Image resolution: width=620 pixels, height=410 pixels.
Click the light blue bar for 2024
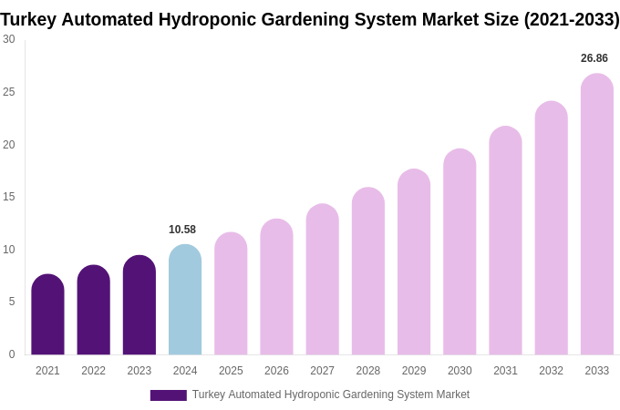click(185, 300)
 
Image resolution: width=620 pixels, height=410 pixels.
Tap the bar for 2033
click(596, 214)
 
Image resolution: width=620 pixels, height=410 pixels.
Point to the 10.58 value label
click(182, 230)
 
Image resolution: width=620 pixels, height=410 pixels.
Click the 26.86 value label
click(594, 58)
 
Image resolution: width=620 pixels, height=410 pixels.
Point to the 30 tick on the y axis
click(9, 39)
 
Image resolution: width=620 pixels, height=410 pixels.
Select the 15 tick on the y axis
click(9, 197)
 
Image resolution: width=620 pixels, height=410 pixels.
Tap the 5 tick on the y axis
click(12, 302)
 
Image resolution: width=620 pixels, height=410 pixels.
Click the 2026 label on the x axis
click(276, 371)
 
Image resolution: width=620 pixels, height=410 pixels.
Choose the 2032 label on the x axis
click(551, 371)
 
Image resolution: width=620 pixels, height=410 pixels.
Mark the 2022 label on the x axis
click(93, 371)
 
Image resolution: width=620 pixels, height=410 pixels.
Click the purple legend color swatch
click(168, 395)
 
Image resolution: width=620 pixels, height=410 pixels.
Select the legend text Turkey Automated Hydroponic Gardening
click(330, 395)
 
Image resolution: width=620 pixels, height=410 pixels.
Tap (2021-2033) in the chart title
click(571, 19)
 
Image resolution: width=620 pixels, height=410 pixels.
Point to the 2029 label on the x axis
click(414, 371)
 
